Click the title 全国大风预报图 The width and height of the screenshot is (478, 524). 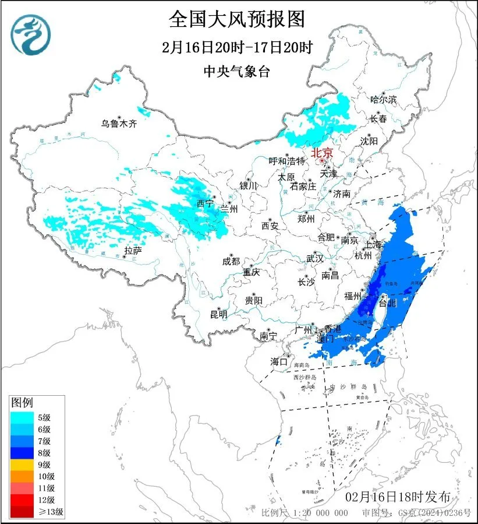pos(237,19)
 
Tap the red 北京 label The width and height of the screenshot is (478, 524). pos(322,153)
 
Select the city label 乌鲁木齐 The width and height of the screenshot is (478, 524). pos(118,123)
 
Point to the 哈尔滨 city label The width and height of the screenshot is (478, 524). pos(383,100)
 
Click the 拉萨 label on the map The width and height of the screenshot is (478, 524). pos(133,251)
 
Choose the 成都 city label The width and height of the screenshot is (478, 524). pos(231,261)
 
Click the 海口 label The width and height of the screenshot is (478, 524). pos(279,362)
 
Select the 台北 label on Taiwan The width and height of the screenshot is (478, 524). pos(387,303)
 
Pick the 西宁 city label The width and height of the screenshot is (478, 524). pos(206,203)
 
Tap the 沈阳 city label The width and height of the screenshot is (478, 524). pos(369,140)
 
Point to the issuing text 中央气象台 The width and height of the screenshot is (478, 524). pos(237,71)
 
